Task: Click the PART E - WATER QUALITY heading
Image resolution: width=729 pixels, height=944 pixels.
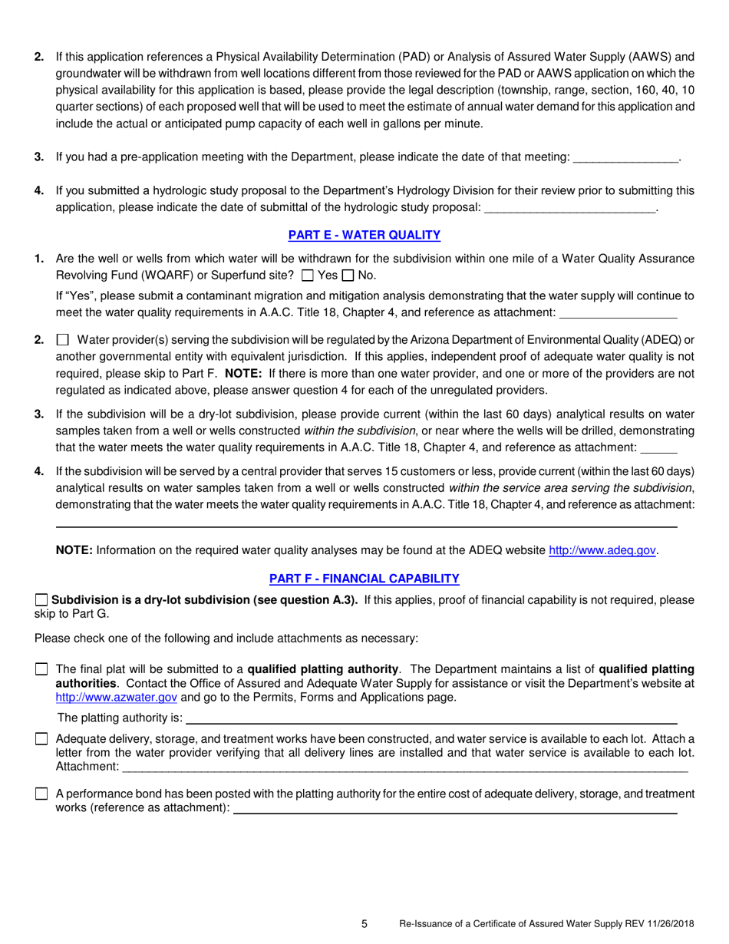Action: click(x=364, y=235)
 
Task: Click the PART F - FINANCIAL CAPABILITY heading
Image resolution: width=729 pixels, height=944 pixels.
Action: click(x=364, y=578)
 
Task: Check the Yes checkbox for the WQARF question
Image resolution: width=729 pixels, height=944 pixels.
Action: click(x=308, y=276)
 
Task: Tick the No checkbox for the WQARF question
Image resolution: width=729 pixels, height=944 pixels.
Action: click(x=347, y=276)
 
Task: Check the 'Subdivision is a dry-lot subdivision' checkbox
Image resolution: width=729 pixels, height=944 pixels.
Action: click(x=41, y=600)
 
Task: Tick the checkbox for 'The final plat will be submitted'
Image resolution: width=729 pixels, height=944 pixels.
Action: click(x=41, y=669)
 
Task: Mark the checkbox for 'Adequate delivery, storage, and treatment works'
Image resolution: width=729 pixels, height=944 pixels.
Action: click(x=41, y=738)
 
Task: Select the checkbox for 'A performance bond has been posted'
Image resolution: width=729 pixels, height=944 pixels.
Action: click(x=41, y=794)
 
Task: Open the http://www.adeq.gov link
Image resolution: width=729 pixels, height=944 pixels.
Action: click(x=602, y=550)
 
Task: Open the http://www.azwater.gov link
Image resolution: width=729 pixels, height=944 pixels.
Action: click(x=117, y=698)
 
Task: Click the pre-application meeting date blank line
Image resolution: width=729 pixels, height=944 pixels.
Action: click(x=625, y=158)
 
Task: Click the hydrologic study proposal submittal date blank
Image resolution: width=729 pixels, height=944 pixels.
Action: click(x=571, y=207)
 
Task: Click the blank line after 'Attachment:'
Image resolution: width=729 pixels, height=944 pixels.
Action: click(x=404, y=767)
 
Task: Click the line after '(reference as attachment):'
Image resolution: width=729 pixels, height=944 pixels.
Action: click(x=454, y=809)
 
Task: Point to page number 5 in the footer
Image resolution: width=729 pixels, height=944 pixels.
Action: click(x=364, y=924)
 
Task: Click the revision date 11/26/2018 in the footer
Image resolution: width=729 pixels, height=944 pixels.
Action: click(x=664, y=925)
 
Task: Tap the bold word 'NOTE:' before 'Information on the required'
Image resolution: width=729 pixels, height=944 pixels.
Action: click(x=74, y=550)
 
